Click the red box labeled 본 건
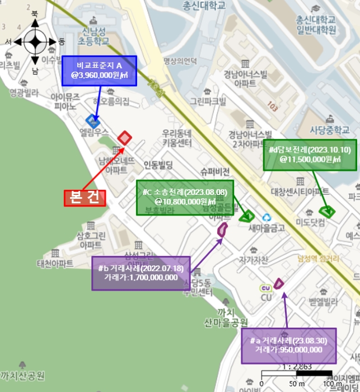pyautogui.click(x=85, y=198)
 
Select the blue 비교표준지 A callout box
pyautogui.click(x=99, y=71)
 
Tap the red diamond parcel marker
pyautogui.click(x=124, y=138)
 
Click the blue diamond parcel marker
pyautogui.click(x=92, y=120)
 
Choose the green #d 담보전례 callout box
pyautogui.click(x=310, y=155)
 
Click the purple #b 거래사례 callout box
pyautogui.click(x=141, y=273)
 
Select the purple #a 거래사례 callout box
pyautogui.click(x=289, y=346)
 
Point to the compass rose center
pyautogui.click(x=35, y=41)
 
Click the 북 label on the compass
pyautogui.click(x=35, y=13)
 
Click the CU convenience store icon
pyautogui.click(x=265, y=288)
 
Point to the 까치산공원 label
pyautogui.click(x=22, y=375)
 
